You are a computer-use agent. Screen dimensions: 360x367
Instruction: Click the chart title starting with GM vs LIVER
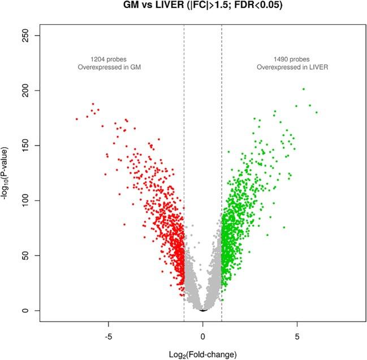point(202,6)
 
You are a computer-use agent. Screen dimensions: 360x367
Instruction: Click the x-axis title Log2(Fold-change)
point(202,354)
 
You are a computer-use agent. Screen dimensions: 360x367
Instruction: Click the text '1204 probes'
point(108,59)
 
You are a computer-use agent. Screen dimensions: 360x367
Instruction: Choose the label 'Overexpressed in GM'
point(108,67)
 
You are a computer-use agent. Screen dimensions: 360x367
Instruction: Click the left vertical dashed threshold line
point(184,170)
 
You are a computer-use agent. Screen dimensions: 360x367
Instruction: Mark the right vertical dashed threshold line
point(222,170)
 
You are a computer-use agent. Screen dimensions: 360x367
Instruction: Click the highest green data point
point(304,89)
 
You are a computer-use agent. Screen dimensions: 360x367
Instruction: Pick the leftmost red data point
point(77,119)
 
